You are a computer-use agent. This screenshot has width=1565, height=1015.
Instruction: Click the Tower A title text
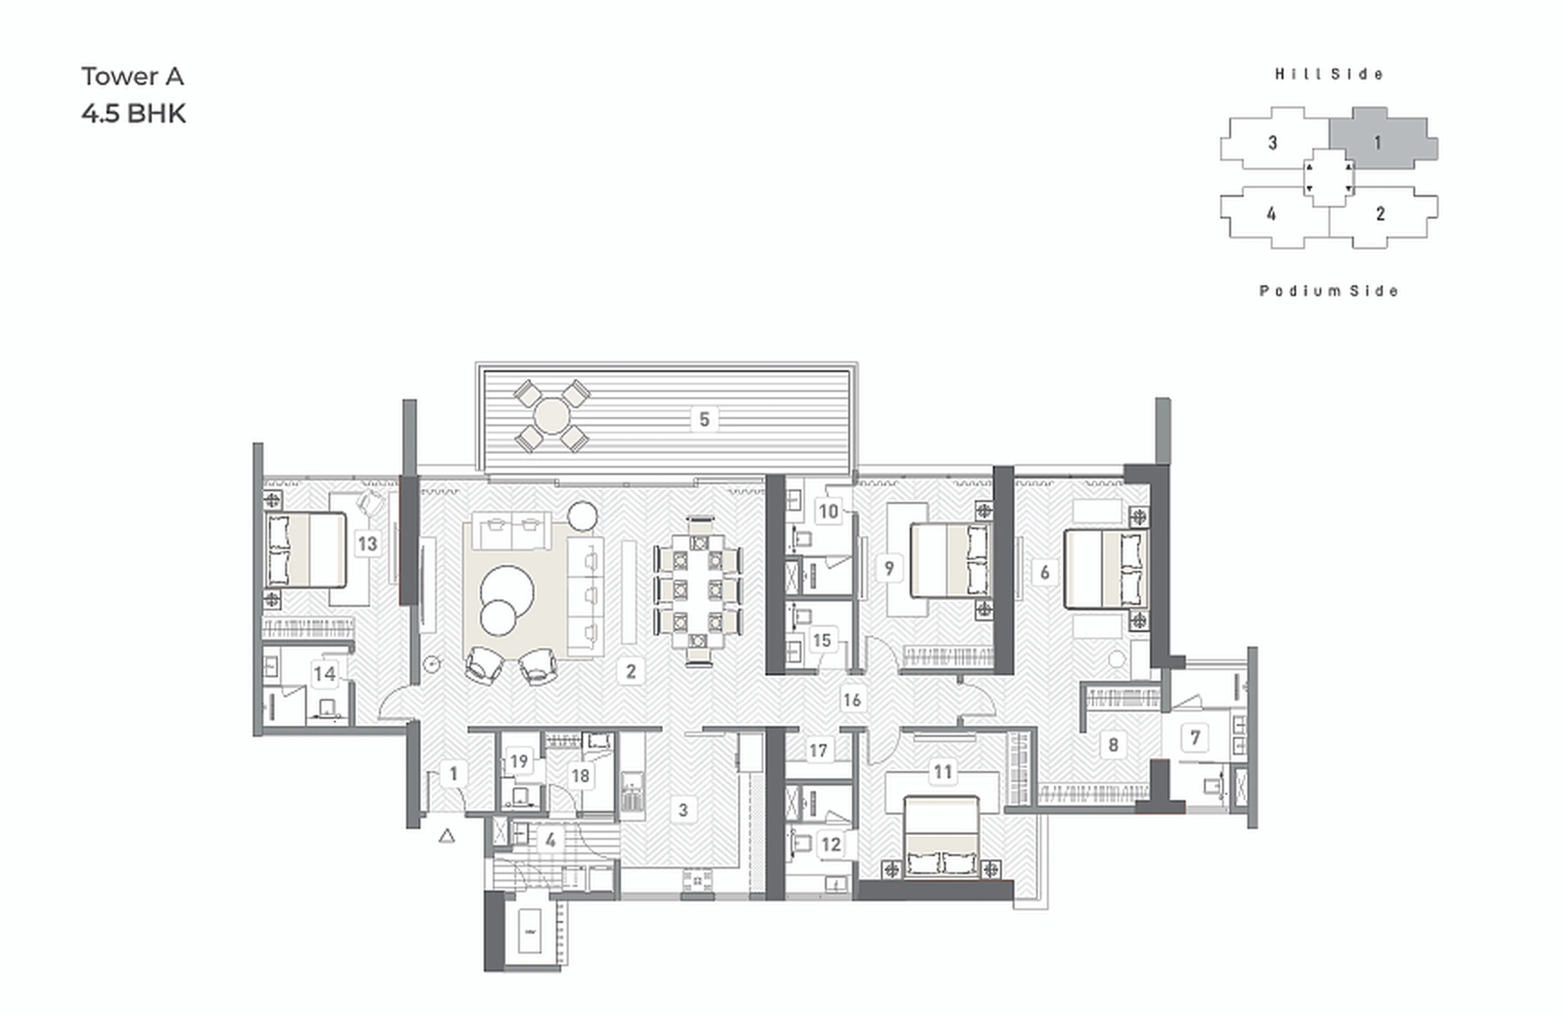[133, 77]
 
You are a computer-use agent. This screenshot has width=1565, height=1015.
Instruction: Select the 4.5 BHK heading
[134, 114]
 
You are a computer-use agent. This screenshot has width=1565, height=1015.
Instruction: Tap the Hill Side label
[1329, 74]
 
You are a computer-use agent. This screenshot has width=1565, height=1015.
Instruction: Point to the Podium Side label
[1329, 291]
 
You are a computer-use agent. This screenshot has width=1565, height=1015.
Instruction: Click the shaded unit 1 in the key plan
[1379, 142]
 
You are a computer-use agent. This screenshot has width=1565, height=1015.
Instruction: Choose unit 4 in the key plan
[1271, 214]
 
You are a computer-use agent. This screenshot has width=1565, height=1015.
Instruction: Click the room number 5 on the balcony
[704, 419]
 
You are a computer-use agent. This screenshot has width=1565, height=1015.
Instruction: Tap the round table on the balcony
[551, 417]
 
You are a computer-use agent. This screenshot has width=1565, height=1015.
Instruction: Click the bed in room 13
[305, 550]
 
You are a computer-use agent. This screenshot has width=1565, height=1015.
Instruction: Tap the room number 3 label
[683, 810]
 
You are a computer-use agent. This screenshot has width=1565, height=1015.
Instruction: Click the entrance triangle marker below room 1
[447, 836]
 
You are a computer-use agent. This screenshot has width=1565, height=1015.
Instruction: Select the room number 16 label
[852, 699]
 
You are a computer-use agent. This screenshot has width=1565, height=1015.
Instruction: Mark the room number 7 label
[1195, 738]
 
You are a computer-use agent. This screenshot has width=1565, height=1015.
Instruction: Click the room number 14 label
[325, 673]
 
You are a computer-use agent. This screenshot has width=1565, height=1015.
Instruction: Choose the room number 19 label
[518, 761]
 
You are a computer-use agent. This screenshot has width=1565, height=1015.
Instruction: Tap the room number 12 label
[830, 845]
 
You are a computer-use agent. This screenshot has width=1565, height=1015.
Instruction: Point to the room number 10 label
[828, 512]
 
